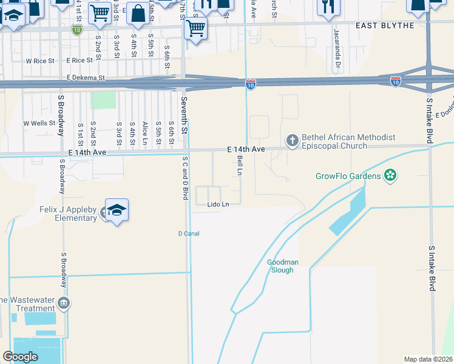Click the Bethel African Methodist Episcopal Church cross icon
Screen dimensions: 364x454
click(x=292, y=141)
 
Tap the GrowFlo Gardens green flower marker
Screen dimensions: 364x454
click(x=390, y=177)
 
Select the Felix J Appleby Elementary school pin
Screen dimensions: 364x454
click(x=117, y=210)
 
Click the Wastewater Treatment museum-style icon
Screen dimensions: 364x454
click(x=63, y=303)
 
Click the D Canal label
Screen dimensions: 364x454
click(x=189, y=234)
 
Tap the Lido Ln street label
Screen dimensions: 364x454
click(x=218, y=204)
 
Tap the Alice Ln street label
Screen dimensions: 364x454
click(x=145, y=132)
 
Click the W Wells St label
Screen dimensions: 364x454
click(x=39, y=123)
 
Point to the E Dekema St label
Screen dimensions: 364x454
click(x=86, y=78)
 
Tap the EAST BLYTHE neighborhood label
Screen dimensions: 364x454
click(x=384, y=25)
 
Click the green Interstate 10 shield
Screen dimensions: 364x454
click(x=76, y=30)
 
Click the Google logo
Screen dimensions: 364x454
click(x=21, y=357)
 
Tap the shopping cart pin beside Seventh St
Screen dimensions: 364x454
click(x=195, y=28)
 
